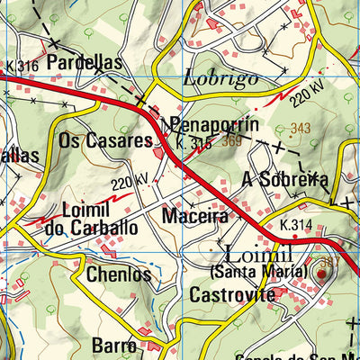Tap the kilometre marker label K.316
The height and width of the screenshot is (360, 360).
pyautogui.click(x=21, y=66)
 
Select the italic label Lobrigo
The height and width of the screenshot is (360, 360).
pyautogui.click(x=220, y=78)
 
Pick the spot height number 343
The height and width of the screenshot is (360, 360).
pyautogui.click(x=300, y=129)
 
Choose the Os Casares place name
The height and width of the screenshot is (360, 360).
pyautogui.click(x=103, y=140)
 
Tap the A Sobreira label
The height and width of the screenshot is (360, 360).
pyautogui.click(x=284, y=178)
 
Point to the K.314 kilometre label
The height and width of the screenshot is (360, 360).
pyautogui.click(x=295, y=225)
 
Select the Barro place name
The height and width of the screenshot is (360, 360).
pyautogui.click(x=113, y=344)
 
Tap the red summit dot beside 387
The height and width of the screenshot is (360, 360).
pyautogui.click(x=322, y=272)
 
